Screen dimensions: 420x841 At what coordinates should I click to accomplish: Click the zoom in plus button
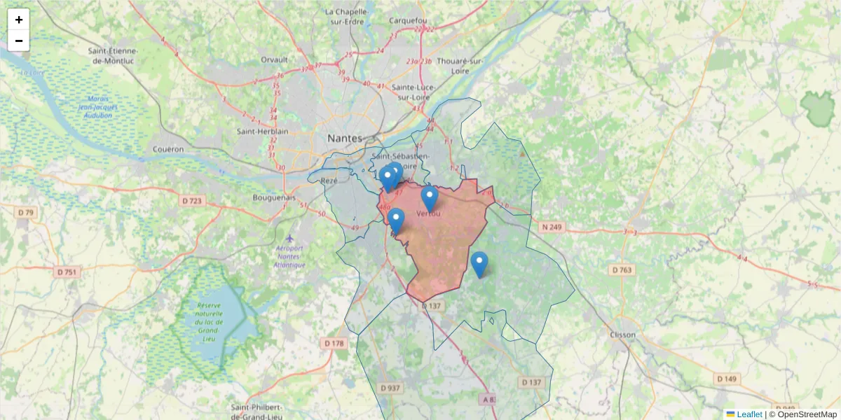click(19, 20)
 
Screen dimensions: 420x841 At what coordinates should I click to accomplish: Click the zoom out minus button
click(19, 41)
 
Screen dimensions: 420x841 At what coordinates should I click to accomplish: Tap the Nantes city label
click(345, 139)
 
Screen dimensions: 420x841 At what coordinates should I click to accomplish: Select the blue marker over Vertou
click(430, 197)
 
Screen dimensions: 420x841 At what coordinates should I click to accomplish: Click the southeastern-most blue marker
click(479, 263)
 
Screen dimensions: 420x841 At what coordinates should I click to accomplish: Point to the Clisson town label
click(622, 335)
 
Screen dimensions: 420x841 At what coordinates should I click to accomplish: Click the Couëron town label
click(168, 149)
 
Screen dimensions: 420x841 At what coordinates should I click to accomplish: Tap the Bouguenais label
click(274, 197)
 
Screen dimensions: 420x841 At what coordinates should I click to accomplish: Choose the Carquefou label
click(408, 21)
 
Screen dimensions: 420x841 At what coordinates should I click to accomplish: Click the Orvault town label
click(274, 59)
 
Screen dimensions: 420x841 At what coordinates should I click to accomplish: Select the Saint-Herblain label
click(263, 131)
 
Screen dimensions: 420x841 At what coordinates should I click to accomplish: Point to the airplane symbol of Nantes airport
click(289, 238)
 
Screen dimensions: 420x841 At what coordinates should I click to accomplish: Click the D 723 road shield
click(191, 202)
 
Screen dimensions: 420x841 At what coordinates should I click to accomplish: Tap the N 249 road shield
click(552, 227)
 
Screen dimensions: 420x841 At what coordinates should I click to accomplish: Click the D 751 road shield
click(66, 272)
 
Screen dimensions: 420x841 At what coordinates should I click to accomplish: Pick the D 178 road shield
click(335, 343)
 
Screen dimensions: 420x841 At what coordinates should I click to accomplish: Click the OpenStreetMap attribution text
click(807, 414)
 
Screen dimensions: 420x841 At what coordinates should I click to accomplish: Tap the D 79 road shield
click(26, 212)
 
